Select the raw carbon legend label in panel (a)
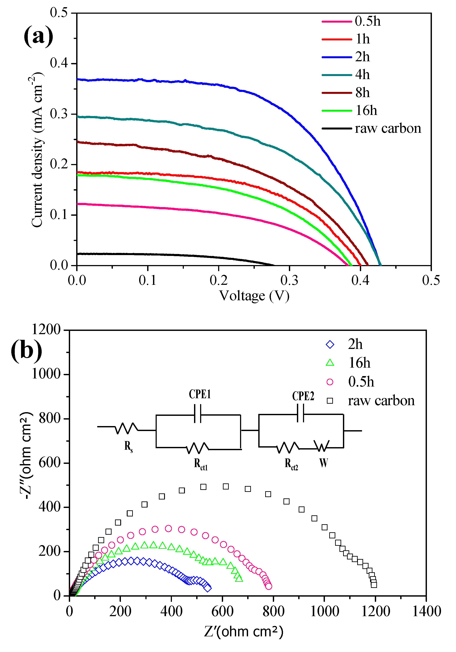click(x=388, y=128)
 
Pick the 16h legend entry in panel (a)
click(x=366, y=110)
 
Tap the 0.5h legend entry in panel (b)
click(x=361, y=382)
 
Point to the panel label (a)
click(x=38, y=36)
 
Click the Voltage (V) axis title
click(x=254, y=296)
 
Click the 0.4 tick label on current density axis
click(x=59, y=63)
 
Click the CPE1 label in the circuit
click(x=200, y=394)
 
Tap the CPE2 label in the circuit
click(x=303, y=396)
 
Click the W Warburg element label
click(x=323, y=463)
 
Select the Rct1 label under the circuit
click(x=201, y=464)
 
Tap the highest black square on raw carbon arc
click(x=226, y=486)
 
